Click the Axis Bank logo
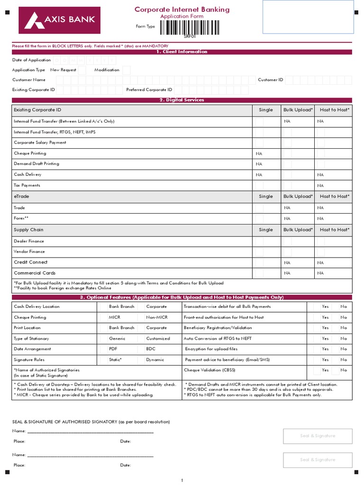point(59,20)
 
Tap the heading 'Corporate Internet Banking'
point(182,9)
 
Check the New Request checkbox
point(82,70)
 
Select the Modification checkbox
point(126,70)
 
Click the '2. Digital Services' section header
point(182,100)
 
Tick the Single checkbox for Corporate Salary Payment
point(259,143)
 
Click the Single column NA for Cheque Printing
point(259,153)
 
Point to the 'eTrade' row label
point(21,196)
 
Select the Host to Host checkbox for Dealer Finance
point(321,241)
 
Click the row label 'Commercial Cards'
point(35,273)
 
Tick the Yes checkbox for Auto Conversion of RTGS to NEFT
point(317,339)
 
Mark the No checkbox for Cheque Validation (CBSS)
point(336,370)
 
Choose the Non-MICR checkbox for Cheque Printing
point(141,317)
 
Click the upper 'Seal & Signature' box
point(318,436)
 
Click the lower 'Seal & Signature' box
point(318,459)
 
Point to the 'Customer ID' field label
point(271,80)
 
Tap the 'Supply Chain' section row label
point(28,230)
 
